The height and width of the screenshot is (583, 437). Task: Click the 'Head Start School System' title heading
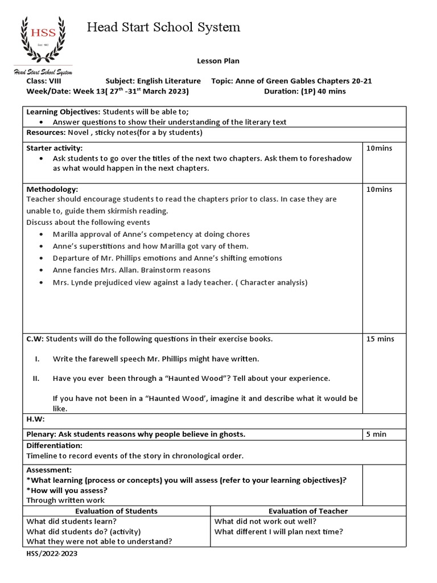163,27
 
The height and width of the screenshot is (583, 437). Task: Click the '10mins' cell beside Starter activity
379,148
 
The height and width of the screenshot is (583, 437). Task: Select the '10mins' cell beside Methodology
379,189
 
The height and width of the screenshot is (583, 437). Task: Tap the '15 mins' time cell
380,339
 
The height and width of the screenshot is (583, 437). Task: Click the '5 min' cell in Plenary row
376,434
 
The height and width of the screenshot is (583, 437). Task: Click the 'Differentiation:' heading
55,445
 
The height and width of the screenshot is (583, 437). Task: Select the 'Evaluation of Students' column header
116,511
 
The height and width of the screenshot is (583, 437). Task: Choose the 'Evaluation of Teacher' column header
308,511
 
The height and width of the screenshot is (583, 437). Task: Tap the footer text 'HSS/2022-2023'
52,553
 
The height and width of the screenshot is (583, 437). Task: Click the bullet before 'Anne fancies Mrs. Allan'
44,270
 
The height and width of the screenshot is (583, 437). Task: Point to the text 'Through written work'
65,500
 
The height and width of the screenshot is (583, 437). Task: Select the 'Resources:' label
46,133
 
